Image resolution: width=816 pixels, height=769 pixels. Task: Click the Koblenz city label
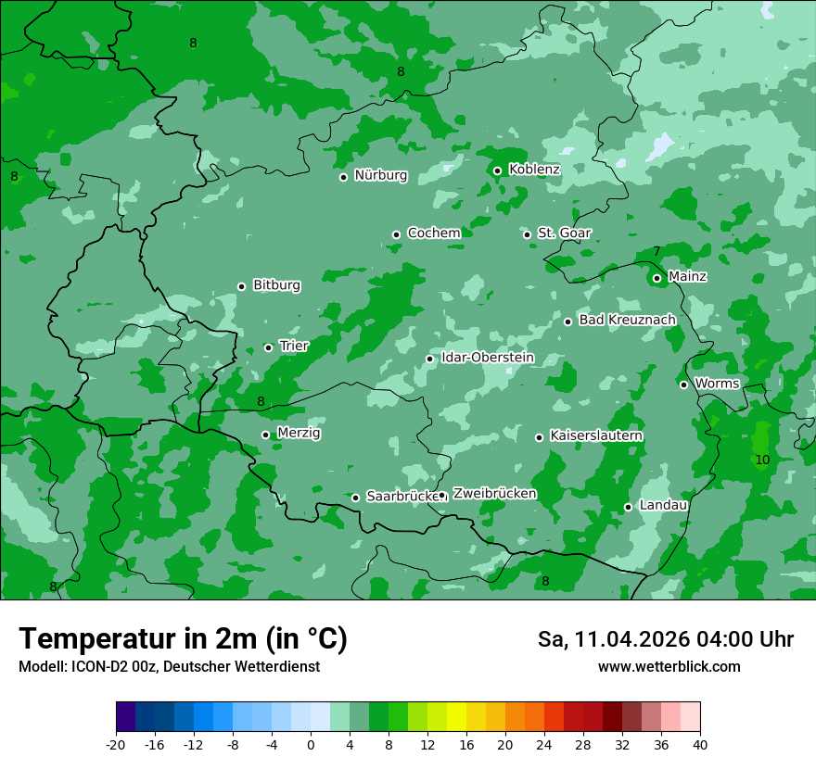point(534,170)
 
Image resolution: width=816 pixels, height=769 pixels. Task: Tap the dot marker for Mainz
point(657,278)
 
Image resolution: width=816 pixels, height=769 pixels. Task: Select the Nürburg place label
point(380,175)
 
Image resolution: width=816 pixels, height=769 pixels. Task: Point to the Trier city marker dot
point(268,347)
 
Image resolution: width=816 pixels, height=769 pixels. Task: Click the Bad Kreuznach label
point(627,321)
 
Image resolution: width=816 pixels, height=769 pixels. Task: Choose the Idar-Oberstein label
point(487,358)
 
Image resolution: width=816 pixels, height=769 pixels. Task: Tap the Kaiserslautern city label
point(596,435)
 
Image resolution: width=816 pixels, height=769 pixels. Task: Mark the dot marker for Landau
point(628,507)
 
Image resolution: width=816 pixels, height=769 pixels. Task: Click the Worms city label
point(717,384)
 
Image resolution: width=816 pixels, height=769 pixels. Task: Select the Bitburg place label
point(276,285)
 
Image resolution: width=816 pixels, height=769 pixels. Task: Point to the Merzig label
point(299,434)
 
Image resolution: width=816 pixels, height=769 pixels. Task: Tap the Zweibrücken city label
point(494,494)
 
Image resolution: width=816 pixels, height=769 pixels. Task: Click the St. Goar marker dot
point(527,234)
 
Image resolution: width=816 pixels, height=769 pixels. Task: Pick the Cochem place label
point(433,233)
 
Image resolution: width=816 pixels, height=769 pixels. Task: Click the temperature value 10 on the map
point(762,460)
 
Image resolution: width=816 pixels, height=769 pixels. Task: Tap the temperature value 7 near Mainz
point(657,251)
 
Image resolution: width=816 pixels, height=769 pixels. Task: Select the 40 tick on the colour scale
point(700,744)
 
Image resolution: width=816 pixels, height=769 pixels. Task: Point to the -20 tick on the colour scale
point(116,744)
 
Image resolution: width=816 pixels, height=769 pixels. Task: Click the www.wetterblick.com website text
point(669,667)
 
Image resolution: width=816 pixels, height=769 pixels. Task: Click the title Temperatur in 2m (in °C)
point(183,639)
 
